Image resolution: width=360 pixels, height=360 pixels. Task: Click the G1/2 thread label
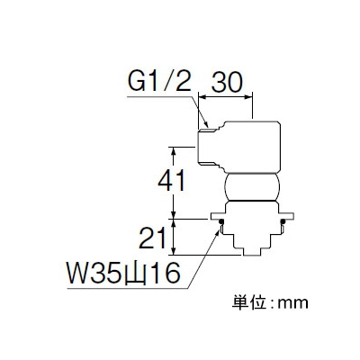point(159,82)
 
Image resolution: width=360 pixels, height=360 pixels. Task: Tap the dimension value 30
point(227,82)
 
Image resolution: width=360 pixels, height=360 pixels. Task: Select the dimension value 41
point(172,182)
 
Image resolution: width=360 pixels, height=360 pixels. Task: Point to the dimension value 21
point(153,238)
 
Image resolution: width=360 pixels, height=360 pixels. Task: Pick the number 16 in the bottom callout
point(164,274)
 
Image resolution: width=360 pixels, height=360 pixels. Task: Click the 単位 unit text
point(249,302)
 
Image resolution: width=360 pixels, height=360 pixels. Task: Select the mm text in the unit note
point(292,304)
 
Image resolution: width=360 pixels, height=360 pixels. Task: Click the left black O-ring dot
point(221,222)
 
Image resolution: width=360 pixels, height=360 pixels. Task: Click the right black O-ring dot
point(283,222)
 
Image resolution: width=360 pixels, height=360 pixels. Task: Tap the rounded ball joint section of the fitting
point(252,187)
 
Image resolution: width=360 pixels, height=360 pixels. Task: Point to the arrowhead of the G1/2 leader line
point(205,123)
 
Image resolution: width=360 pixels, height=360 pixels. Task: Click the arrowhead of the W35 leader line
point(218,232)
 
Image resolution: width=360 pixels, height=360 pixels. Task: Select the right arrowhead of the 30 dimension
point(248,96)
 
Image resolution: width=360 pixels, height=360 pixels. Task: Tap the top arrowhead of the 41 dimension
point(173,151)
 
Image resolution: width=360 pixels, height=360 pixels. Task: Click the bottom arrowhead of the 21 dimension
point(173,251)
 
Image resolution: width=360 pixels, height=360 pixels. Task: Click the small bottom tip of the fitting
point(252,252)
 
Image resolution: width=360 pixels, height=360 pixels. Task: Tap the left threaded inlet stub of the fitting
point(210,147)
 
